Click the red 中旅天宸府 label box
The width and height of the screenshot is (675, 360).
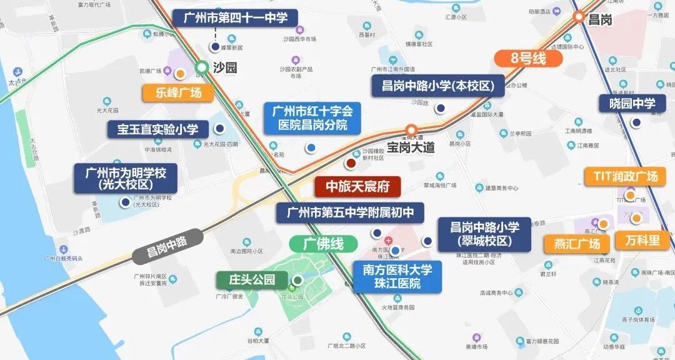point(357,187)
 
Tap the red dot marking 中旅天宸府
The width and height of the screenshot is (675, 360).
point(351,163)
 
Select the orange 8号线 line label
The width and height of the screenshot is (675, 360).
point(528,58)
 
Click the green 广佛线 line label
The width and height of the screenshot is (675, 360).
point(323,243)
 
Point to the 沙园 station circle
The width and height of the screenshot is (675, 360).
point(201,67)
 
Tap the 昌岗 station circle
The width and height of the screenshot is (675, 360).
point(579,17)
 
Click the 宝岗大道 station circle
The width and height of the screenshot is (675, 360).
point(411,130)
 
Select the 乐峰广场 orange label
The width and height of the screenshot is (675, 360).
point(177,93)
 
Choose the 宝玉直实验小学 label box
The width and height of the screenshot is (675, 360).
point(157,129)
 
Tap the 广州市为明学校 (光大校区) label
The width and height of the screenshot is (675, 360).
point(125,177)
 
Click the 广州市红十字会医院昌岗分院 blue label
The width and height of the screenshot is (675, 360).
point(312,118)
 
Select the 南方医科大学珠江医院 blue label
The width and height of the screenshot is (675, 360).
point(397,277)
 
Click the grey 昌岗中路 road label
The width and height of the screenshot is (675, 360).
point(167,244)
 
